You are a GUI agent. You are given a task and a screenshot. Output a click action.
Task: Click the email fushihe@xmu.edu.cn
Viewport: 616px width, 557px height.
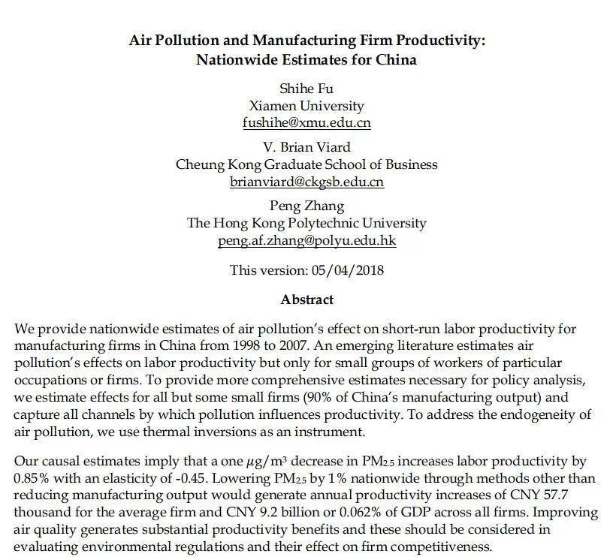coord(306,123)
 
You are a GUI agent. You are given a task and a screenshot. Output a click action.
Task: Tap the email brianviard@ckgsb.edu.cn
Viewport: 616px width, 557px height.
coord(306,182)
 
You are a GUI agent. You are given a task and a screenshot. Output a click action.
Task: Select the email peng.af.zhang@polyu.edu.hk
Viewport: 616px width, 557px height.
coord(306,240)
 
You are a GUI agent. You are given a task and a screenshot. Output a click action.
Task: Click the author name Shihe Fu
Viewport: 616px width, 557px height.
coord(306,89)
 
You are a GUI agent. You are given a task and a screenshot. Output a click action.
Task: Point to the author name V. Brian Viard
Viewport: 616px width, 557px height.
coord(306,147)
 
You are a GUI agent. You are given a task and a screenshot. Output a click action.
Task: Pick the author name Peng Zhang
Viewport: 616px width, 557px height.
coord(306,206)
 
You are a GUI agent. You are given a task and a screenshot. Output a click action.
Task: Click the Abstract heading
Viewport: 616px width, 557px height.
coord(306,300)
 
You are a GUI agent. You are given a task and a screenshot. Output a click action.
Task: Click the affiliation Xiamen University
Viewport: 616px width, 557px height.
coord(306,106)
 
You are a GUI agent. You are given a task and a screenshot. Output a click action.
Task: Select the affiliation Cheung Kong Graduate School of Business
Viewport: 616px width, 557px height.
coord(306,164)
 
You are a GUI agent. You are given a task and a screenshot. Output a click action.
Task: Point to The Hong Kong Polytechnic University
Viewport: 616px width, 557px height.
coord(306,223)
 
